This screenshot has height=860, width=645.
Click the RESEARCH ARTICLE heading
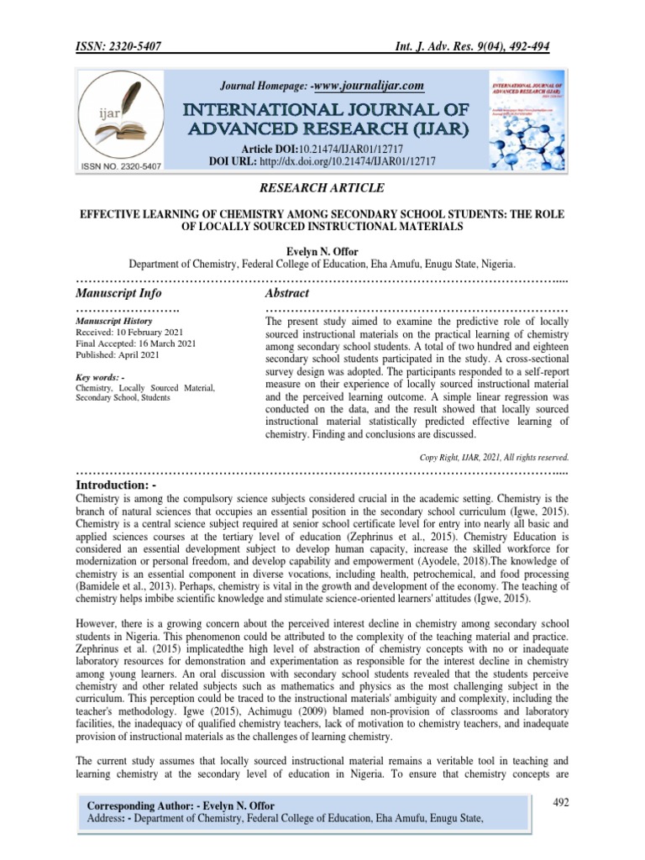point(322,188)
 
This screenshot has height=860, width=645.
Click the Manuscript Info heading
point(118,293)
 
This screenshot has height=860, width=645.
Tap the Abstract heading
point(287,293)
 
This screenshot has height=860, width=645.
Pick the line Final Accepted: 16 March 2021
point(137,343)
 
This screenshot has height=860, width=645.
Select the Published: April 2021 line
point(118,354)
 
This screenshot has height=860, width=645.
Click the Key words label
point(101,377)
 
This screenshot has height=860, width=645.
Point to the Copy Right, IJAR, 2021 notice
point(495,457)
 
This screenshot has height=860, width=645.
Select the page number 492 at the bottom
point(561,803)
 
